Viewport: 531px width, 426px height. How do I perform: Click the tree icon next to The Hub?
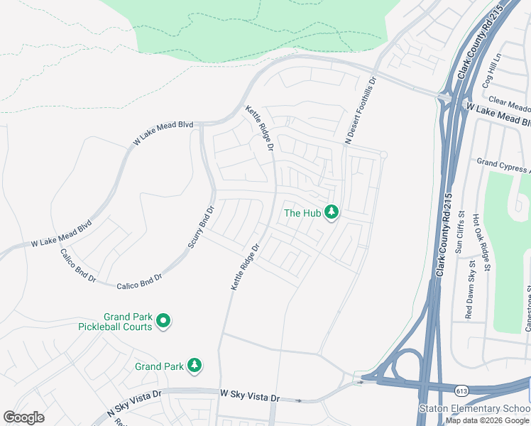(331, 212)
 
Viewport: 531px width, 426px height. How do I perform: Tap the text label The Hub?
(302, 212)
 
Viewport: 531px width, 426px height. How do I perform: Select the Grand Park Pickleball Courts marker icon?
(163, 322)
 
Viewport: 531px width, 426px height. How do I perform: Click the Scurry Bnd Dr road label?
(201, 227)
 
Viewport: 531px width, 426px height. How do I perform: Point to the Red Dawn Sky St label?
(469, 288)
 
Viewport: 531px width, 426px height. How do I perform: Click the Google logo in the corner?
(23, 417)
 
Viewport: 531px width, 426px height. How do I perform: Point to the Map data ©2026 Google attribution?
(487, 420)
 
